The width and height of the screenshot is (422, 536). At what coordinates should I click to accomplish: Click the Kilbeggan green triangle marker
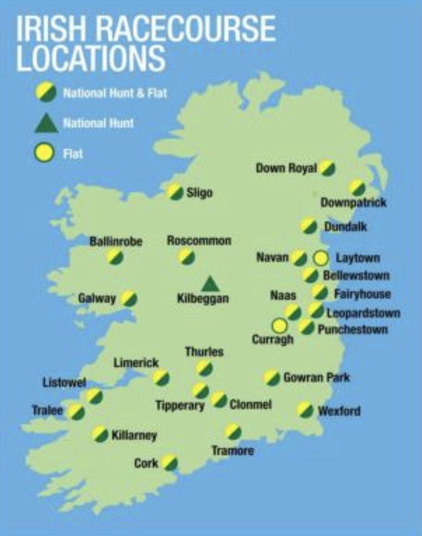point(209,284)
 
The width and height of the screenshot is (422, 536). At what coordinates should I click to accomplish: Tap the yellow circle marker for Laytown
point(321,258)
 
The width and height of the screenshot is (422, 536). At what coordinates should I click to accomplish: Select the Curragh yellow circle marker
point(280,326)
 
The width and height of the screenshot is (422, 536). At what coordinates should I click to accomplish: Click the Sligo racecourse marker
point(175,191)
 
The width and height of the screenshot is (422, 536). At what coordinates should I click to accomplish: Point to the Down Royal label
point(287,168)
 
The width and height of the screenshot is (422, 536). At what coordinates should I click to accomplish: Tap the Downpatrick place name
point(353,203)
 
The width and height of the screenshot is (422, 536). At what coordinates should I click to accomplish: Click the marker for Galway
point(129,299)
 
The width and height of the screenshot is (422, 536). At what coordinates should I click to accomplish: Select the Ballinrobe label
point(115,241)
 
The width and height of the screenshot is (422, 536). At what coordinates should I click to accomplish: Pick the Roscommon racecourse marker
point(186,256)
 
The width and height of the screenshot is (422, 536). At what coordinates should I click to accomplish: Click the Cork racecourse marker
point(169,462)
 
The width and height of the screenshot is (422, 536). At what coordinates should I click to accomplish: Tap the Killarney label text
point(134,436)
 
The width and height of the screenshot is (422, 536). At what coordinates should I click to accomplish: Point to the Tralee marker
point(76,412)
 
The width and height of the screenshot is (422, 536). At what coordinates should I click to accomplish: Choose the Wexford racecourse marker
point(305,410)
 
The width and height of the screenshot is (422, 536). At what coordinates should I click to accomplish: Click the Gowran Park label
point(316,378)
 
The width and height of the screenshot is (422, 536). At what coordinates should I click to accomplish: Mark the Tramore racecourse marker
point(233,431)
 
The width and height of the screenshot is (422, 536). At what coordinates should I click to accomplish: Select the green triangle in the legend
point(46,123)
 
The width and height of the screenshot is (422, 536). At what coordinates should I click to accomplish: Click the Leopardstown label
point(363,313)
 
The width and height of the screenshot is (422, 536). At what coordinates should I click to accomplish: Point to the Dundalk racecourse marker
point(308,226)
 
